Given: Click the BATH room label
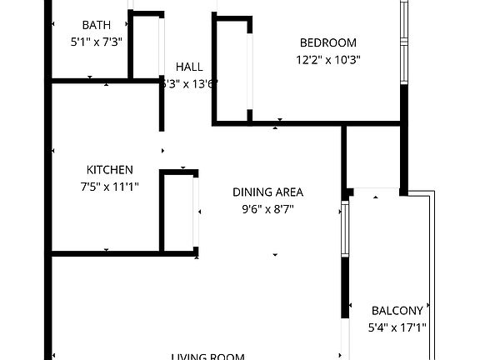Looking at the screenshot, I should click(97, 25).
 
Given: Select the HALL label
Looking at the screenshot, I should click(189, 67).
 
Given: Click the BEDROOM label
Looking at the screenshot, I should click(328, 43).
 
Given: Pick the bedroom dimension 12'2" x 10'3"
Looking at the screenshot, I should click(328, 59).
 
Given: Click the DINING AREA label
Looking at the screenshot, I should click(267, 192).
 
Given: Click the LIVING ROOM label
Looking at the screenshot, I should click(208, 357).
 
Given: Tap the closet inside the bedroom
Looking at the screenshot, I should click(232, 71).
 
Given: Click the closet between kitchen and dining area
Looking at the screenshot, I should click(179, 212).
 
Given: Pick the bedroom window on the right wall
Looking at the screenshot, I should click(404, 42).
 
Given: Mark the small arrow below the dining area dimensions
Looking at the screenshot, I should click(275, 255).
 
